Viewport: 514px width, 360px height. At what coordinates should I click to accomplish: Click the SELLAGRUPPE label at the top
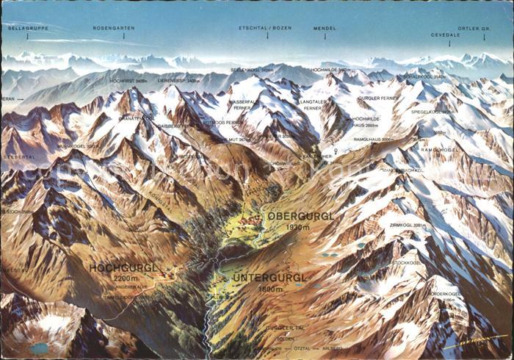click(x=27, y=27)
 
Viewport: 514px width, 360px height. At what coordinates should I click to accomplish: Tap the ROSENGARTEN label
click(x=114, y=28)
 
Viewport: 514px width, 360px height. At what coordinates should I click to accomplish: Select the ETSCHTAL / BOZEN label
click(x=266, y=28)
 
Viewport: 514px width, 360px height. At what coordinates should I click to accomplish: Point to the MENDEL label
click(x=325, y=28)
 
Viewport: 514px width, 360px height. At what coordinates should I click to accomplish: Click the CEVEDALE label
click(x=446, y=35)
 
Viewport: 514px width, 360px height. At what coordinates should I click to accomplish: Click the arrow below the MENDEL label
click(x=325, y=35)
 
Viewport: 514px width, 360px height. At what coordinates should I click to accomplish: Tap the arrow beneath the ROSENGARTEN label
click(x=114, y=35)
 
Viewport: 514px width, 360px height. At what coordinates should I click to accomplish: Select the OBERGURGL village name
click(x=301, y=216)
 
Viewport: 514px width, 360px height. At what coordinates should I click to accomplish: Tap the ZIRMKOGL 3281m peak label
click(x=409, y=226)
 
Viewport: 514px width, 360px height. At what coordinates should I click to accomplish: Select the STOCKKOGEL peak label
click(x=406, y=262)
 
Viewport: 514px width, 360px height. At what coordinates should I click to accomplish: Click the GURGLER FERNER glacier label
click(x=378, y=98)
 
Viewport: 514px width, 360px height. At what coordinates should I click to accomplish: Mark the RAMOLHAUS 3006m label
click(x=374, y=139)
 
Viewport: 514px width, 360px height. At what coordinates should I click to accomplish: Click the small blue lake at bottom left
click(x=39, y=348)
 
